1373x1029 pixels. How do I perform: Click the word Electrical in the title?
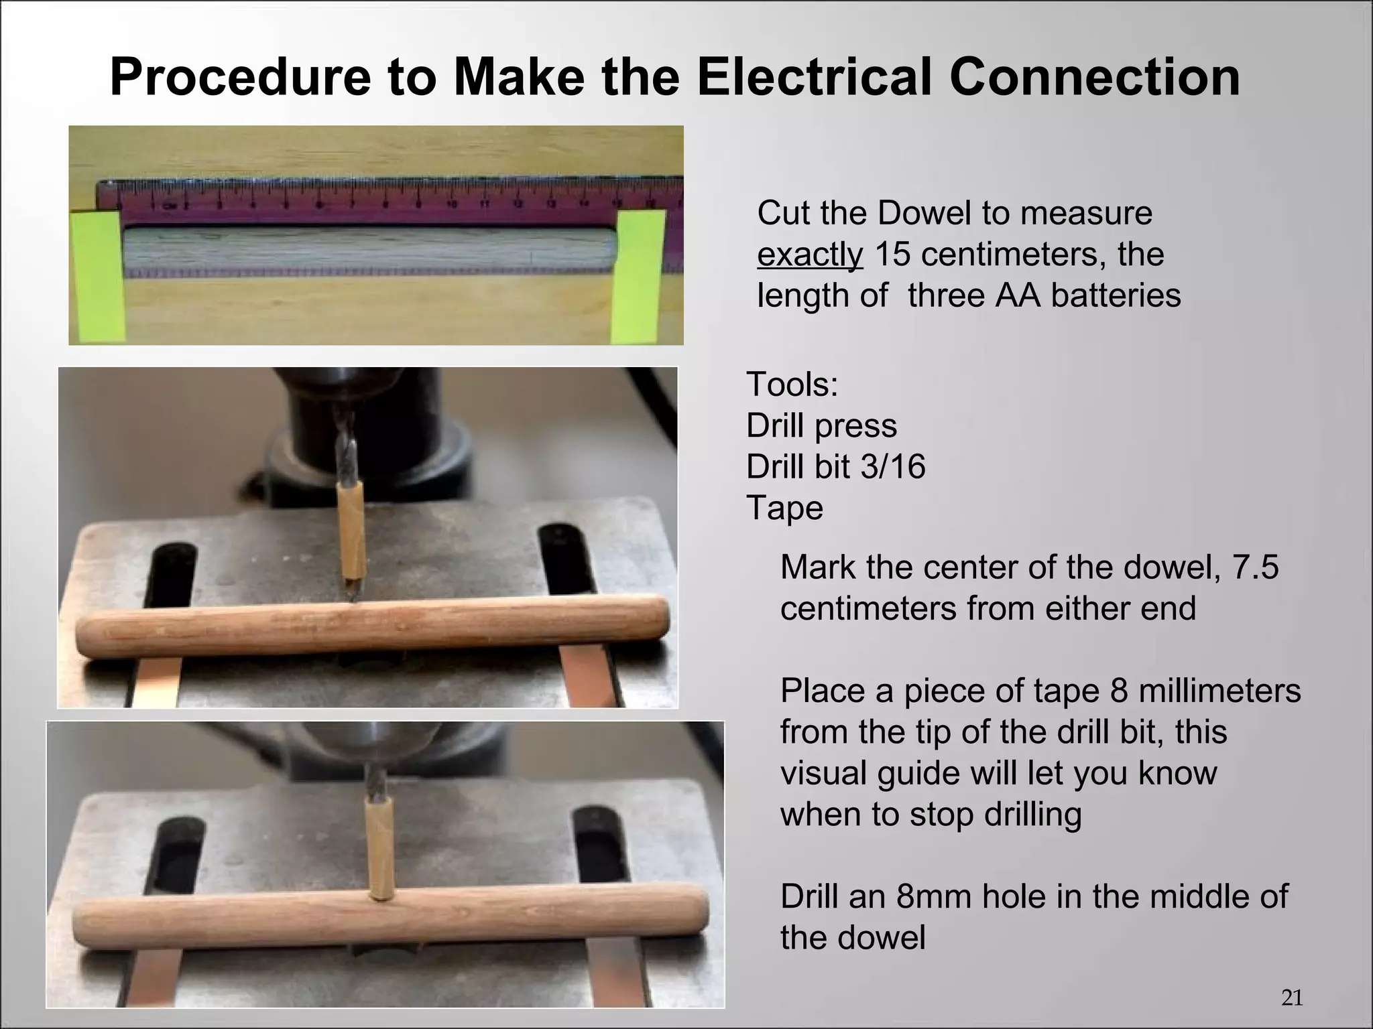point(813,77)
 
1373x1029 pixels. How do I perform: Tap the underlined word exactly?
point(810,255)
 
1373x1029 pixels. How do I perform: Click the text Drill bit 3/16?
point(835,466)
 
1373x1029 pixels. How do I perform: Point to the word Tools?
point(792,385)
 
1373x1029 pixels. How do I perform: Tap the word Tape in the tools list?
point(784,507)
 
